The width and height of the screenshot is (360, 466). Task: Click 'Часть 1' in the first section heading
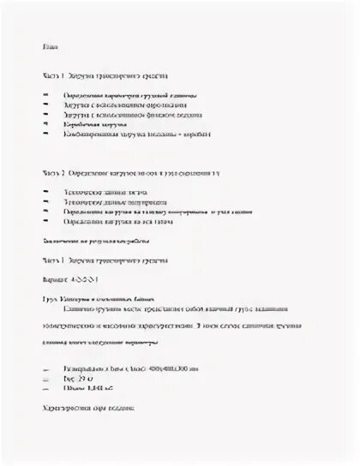(x=51, y=75)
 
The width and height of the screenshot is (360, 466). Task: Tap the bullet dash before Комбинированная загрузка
(x=43, y=134)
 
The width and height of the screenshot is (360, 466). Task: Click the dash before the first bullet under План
(x=43, y=93)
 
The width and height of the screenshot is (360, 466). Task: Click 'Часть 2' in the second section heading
(x=51, y=172)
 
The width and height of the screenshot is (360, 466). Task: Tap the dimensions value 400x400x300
(x=168, y=367)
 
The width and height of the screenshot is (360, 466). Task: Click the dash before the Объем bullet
(x=43, y=387)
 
